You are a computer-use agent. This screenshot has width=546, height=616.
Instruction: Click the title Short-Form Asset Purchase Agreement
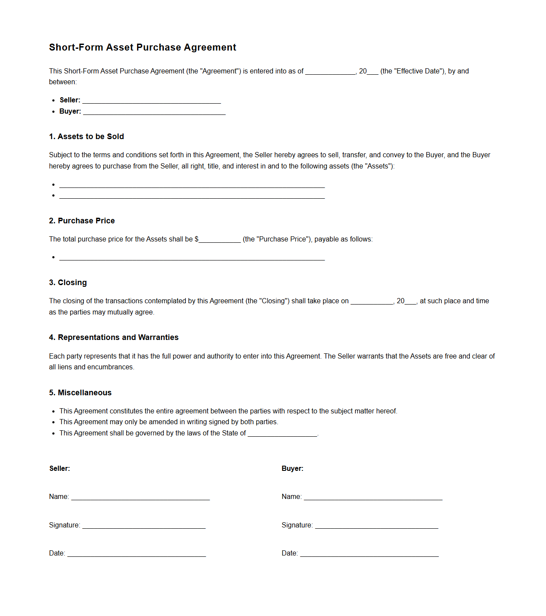[142, 48]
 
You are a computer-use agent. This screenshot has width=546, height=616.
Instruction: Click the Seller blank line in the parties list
[151, 101]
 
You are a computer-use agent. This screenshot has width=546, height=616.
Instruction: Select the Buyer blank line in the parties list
[154, 112]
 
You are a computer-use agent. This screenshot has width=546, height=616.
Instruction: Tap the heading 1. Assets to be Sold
[86, 137]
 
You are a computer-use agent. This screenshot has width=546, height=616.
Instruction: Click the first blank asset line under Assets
[192, 185]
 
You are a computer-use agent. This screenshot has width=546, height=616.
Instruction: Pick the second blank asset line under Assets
[192, 196]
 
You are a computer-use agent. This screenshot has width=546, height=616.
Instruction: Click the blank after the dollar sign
[220, 240]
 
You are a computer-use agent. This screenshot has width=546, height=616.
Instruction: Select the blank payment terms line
[192, 258]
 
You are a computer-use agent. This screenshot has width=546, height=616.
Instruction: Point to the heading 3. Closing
[68, 283]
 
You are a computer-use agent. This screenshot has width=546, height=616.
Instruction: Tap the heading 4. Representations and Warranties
[114, 337]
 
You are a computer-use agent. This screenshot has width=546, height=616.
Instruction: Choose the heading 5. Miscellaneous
[80, 393]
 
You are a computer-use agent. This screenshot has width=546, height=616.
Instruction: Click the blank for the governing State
[282, 434]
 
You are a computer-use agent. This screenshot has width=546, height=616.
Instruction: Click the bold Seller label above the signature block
[60, 469]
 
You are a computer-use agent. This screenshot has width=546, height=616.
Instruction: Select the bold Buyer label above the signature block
[292, 469]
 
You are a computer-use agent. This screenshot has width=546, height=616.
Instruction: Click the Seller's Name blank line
[140, 498]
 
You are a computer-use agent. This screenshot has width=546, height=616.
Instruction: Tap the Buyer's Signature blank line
[377, 526]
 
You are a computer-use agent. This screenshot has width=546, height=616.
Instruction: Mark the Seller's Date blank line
[137, 554]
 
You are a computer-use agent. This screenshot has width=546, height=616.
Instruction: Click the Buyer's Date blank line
[369, 554]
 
